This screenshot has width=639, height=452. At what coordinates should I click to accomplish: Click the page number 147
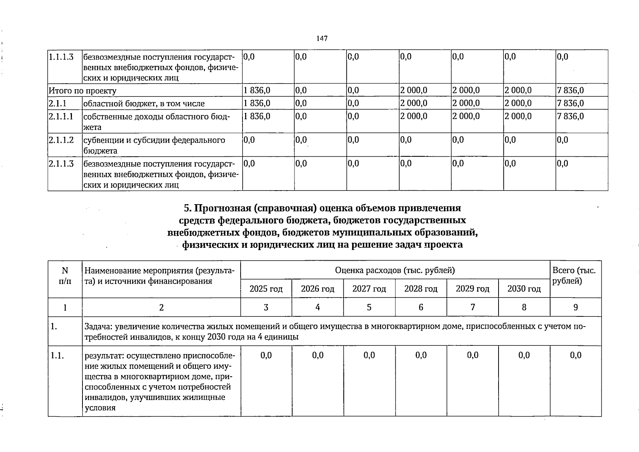[x=322, y=38]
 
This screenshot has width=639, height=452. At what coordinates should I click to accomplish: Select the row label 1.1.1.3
[x=60, y=57]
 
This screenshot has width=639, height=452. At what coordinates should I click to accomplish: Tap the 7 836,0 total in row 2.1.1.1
[x=570, y=116]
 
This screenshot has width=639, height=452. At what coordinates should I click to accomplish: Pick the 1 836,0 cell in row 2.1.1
[x=257, y=103]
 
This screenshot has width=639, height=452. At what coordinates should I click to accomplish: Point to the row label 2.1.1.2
[x=61, y=140]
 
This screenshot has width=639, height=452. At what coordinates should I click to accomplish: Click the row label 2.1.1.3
[x=61, y=164]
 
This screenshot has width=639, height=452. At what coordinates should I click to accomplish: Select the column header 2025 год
[x=266, y=289]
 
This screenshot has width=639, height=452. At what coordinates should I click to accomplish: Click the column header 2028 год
[x=421, y=289]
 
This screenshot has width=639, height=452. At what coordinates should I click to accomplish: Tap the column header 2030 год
[x=524, y=289]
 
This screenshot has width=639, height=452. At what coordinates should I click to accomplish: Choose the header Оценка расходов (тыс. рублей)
[x=395, y=270]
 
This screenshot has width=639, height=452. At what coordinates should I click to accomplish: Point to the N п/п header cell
[x=65, y=276]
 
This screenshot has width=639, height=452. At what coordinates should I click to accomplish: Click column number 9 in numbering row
[x=575, y=307]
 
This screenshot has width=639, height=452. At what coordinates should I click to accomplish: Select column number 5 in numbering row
[x=369, y=307]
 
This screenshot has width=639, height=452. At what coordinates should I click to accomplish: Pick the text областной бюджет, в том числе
[x=144, y=104]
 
